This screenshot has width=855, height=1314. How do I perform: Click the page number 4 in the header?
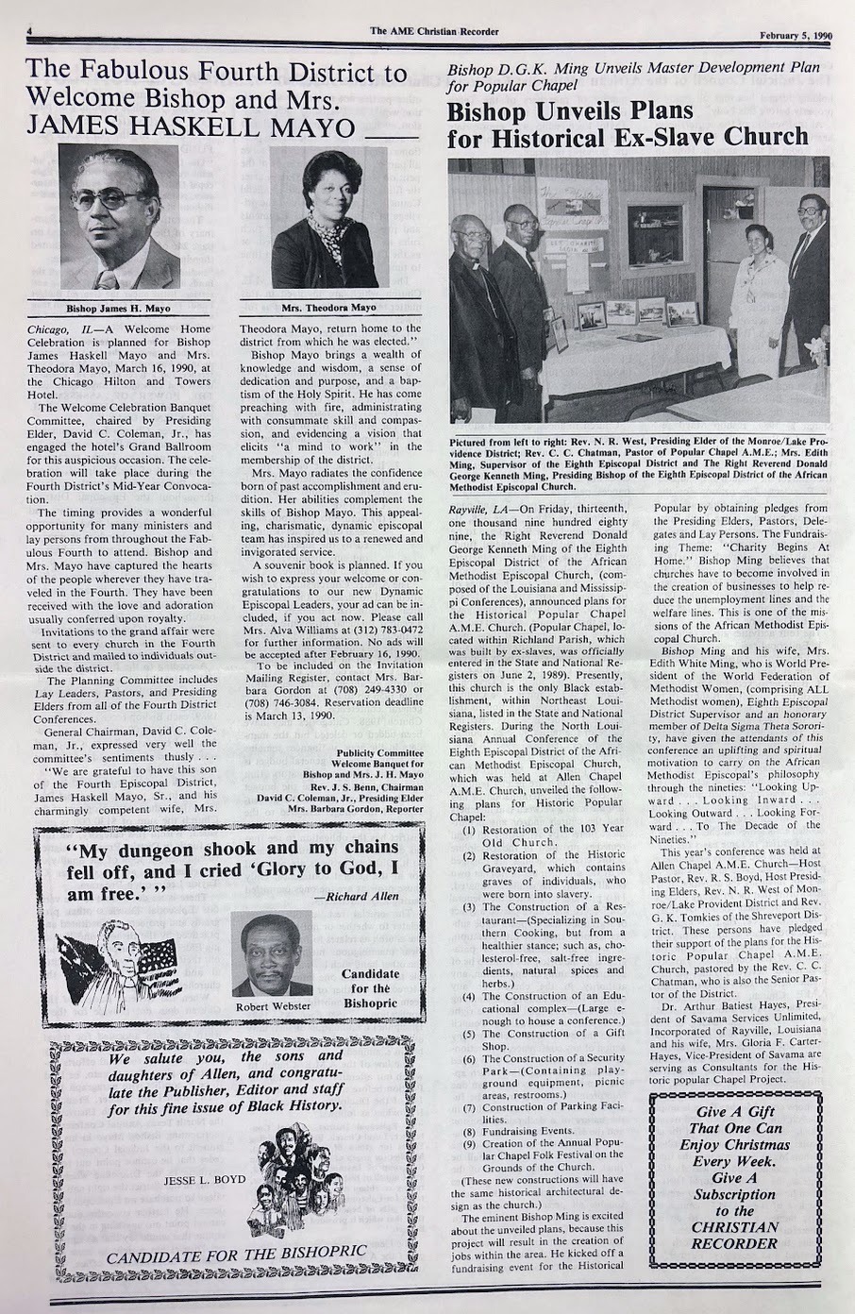31,30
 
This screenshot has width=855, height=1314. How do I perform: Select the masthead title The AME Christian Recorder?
434,31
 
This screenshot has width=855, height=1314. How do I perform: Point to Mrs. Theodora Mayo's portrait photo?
329,223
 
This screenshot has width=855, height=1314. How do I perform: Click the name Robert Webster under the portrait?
272,1007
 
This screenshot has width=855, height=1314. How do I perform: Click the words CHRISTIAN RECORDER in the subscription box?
735,1236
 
